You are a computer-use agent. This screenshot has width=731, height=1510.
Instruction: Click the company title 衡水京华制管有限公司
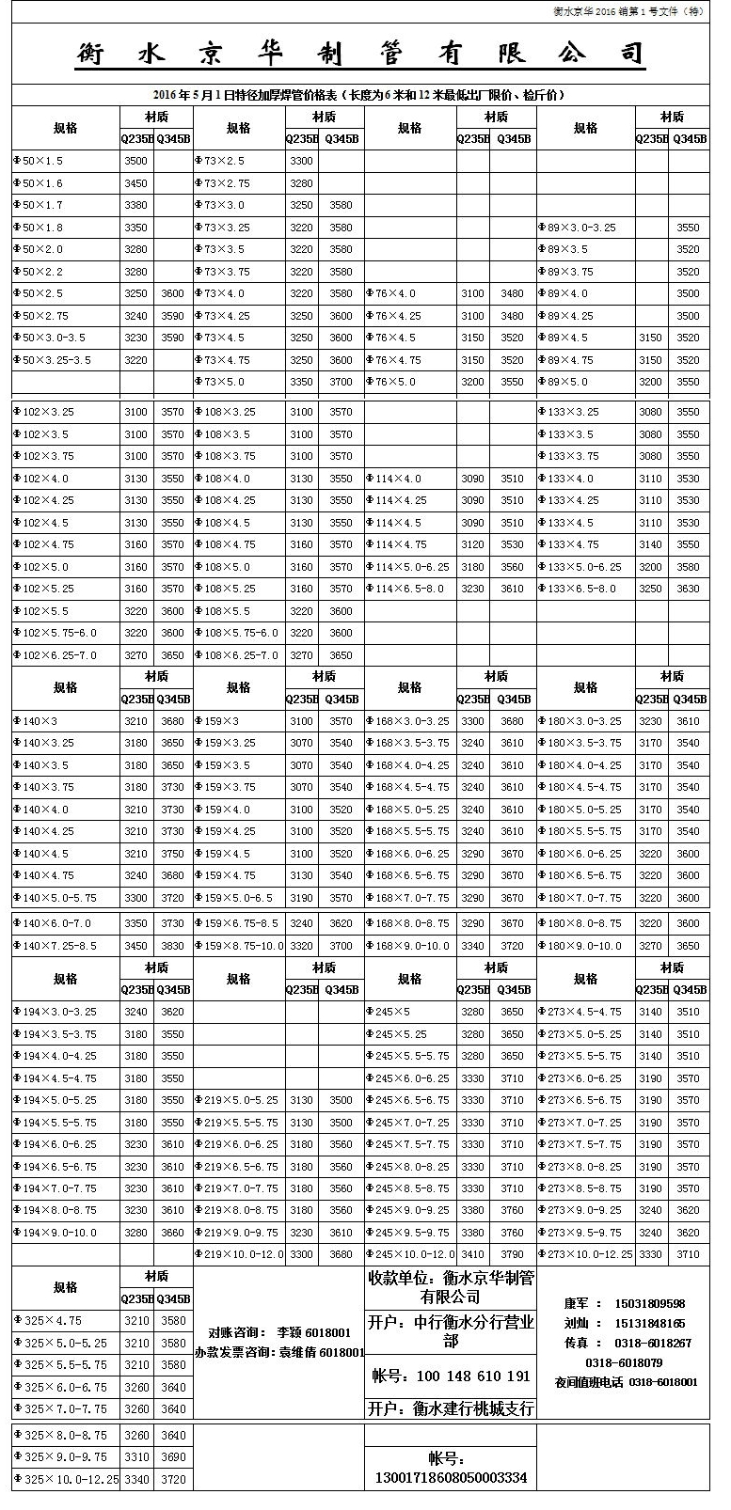coord(360,55)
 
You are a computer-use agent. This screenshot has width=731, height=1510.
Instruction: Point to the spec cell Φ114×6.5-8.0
coord(409,589)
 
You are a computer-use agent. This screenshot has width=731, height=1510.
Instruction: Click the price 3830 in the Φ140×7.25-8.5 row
coord(172,946)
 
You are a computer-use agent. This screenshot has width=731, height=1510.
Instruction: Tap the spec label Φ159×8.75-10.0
coord(238,946)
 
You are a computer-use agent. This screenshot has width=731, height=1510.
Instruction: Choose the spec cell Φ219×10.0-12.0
coord(238,1254)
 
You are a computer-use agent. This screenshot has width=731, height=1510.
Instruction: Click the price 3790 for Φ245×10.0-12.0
coord(513,1254)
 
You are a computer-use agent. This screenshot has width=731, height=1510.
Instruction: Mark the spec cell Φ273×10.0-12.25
coord(584,1254)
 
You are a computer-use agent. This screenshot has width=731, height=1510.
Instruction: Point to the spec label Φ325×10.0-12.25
coord(66,1480)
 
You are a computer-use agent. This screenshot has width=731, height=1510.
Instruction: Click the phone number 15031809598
coord(649,1304)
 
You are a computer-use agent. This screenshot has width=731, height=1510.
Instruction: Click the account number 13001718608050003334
coord(451,1478)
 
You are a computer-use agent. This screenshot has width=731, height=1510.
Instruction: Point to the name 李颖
coord(285,1332)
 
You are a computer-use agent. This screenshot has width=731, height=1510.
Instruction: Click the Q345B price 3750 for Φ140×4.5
coord(172,854)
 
